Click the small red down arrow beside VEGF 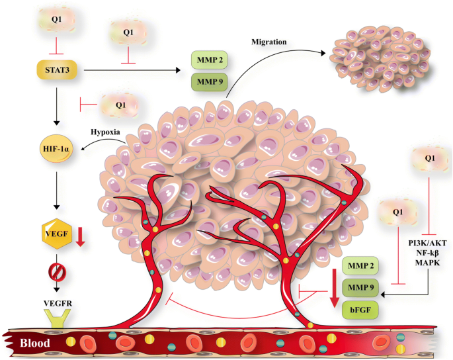[x=81, y=235]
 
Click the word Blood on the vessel [x=35, y=343]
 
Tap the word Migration [x=268, y=43]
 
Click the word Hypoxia [x=106, y=132]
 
